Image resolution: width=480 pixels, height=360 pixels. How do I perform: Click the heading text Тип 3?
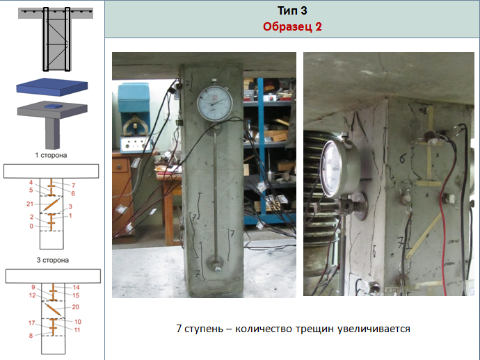292,10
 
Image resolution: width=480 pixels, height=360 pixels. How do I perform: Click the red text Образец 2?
292,26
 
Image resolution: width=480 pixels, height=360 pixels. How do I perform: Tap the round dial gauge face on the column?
214,104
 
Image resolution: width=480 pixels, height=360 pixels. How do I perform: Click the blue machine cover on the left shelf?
134,98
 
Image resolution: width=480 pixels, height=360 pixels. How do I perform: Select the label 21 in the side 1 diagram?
30,204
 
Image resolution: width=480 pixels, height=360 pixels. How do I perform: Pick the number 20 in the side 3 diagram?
76,306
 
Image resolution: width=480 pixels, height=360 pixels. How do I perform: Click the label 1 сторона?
51,155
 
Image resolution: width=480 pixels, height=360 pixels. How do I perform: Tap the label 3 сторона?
53,261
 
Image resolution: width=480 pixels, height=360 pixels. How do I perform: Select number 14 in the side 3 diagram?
77,287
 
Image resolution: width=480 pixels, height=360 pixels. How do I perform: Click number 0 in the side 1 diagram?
31,226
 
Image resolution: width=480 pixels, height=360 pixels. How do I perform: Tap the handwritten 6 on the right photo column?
402,158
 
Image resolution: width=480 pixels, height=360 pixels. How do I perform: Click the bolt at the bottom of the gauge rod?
218,270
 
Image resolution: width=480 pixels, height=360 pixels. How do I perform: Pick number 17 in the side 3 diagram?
32,322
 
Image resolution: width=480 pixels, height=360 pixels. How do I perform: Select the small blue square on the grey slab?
54,106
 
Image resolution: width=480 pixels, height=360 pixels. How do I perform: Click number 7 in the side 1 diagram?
74,186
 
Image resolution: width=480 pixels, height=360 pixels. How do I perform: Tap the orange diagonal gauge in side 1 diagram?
51,204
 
